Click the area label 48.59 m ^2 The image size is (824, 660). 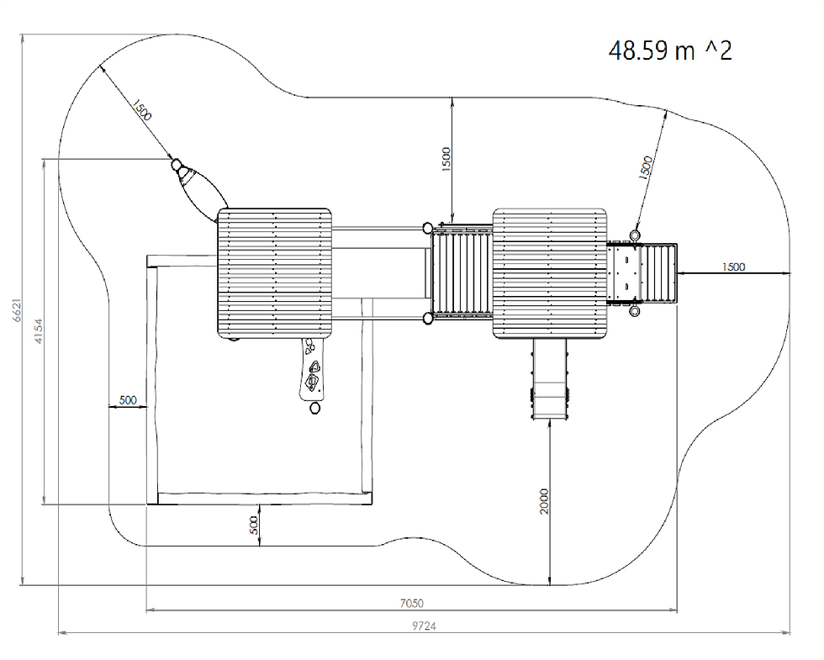pyautogui.click(x=670, y=50)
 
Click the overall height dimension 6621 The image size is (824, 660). pyautogui.click(x=17, y=310)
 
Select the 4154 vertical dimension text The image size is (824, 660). pyautogui.click(x=39, y=331)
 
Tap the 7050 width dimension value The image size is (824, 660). pyautogui.click(x=411, y=604)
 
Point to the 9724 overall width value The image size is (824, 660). pyautogui.click(x=424, y=626)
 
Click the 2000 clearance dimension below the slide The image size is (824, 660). pyautogui.click(x=544, y=501)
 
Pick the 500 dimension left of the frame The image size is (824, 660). pyautogui.click(x=128, y=400)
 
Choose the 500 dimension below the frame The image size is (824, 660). pyautogui.click(x=254, y=525)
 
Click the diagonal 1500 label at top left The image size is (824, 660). pyautogui.click(x=141, y=110)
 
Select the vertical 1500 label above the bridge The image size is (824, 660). pyautogui.click(x=446, y=159)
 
